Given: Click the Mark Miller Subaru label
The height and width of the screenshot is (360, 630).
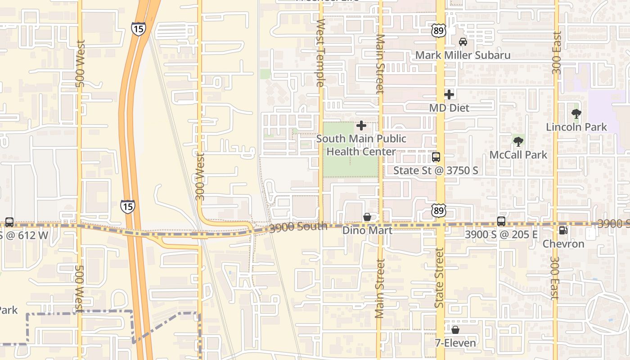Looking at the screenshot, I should [x=463, y=55].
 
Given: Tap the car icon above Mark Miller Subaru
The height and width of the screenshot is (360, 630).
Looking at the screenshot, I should [x=463, y=42].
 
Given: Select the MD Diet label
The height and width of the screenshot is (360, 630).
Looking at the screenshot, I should [x=449, y=108].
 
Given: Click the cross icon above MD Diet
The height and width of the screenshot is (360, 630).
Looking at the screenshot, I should [x=449, y=94].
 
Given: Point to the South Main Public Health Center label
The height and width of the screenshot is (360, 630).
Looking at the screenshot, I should [x=361, y=145].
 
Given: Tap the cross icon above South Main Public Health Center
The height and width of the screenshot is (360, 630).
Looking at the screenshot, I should [x=361, y=126].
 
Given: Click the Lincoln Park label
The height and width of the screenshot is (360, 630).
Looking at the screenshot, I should [x=576, y=127].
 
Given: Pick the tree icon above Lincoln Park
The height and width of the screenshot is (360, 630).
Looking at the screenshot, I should [x=576, y=113].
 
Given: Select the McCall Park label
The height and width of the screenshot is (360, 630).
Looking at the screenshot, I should [x=518, y=155].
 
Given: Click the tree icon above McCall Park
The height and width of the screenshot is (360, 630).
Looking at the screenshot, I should [x=518, y=141].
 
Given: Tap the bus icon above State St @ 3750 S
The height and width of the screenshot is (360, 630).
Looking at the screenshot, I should [x=436, y=157].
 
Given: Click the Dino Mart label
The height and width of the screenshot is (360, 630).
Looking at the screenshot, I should [x=367, y=230].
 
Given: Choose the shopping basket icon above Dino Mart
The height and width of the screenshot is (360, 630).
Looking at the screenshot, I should [x=367, y=217].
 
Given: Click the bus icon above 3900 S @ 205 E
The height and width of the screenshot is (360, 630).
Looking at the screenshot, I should [x=501, y=221].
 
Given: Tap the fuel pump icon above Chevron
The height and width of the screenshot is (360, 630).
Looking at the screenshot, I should [x=562, y=230].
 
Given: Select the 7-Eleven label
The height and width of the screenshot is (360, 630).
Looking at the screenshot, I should [x=455, y=343].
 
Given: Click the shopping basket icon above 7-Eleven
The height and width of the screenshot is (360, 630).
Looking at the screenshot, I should [x=455, y=330].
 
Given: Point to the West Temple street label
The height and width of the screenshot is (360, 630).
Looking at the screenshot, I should [x=320, y=53].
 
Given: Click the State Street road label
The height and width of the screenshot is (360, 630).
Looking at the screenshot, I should [x=439, y=278].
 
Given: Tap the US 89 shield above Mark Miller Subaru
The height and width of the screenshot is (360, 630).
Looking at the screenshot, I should [x=438, y=31].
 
